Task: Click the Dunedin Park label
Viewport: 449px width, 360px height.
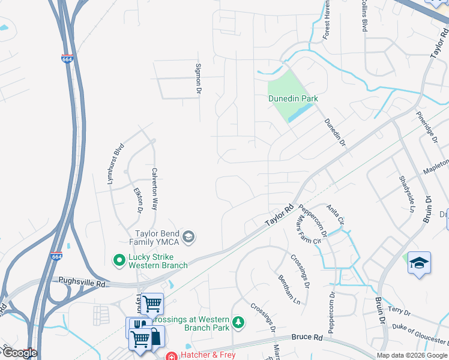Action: pos(292,98)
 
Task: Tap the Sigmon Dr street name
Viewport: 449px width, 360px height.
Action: pos(197,79)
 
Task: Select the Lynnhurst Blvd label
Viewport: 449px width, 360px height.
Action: pos(116,164)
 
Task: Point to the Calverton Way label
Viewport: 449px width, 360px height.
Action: pos(154,188)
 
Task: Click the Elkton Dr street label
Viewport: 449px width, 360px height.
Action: pos(138,200)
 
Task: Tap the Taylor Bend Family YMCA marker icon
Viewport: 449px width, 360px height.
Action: pos(188,237)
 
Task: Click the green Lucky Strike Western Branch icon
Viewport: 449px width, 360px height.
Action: pos(119,259)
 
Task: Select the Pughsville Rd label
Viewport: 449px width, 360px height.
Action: pos(82,280)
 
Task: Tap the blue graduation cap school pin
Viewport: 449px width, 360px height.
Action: pos(419,263)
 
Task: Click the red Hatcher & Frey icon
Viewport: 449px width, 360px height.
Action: pos(171,355)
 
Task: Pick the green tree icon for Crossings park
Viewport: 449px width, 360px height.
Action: pos(238,323)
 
